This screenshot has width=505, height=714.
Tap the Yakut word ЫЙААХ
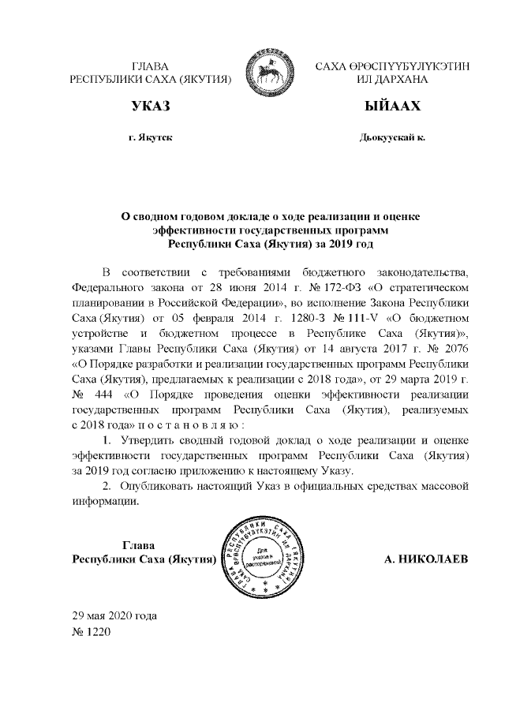pos(391,107)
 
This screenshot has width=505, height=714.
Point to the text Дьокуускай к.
pos(391,137)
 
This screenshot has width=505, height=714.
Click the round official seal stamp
pos(264,557)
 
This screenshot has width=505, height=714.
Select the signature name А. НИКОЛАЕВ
pos(425,559)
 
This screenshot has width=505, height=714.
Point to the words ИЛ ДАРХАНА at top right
pos(391,80)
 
